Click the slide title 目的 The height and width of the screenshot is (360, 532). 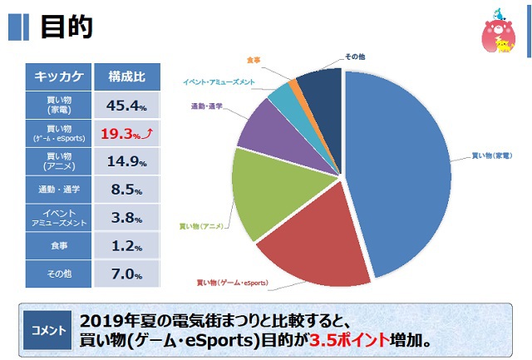point(66,27)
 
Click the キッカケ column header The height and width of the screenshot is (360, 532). point(57,77)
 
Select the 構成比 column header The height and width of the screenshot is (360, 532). point(126,77)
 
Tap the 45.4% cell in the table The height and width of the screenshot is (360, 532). point(126,106)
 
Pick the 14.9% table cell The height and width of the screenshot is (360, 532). point(126,161)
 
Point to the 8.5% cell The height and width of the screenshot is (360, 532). point(126,190)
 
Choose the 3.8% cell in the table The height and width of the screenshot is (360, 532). point(126,218)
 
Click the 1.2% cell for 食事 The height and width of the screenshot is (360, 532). point(126,246)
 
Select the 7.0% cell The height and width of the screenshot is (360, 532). point(126,274)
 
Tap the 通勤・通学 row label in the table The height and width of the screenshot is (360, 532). point(57,190)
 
